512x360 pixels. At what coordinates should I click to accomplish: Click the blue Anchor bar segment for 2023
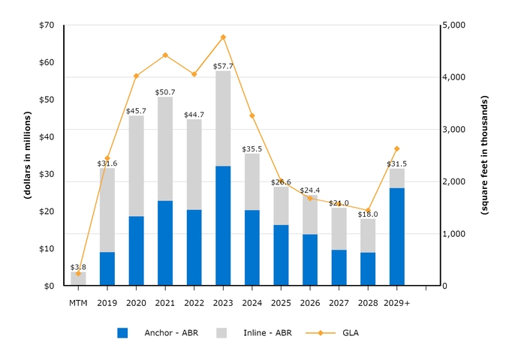pos(223,226)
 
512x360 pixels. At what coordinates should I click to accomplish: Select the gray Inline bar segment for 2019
pos(107,210)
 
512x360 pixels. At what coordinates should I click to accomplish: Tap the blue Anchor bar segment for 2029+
pos(397,236)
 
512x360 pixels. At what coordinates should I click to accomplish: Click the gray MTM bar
pos(78,278)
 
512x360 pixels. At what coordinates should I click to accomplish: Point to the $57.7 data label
pos(223,66)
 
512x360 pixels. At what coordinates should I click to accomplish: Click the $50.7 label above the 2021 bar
pos(165,92)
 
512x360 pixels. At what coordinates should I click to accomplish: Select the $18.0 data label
pos(368,214)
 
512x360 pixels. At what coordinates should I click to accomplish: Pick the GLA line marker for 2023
pos(223,37)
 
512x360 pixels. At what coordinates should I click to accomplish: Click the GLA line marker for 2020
pos(136,76)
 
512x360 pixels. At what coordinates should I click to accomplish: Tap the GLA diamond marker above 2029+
pos(397,148)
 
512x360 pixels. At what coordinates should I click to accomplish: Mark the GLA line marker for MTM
pos(78,273)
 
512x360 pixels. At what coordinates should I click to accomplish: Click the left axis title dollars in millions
pos(27,155)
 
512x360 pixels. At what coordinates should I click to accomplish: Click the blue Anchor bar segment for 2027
pos(339,268)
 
